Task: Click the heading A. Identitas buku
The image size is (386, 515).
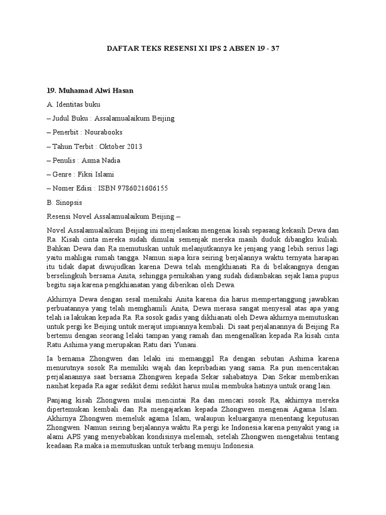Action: click(x=73, y=105)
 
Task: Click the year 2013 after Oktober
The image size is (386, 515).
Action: click(x=134, y=146)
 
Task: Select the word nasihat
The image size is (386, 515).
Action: click(x=58, y=386)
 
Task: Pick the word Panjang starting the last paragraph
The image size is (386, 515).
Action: click(x=59, y=400)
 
